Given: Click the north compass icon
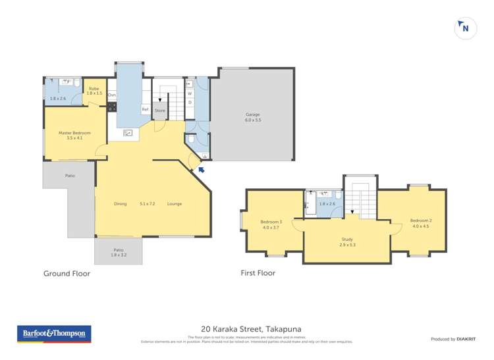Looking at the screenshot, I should [466, 28].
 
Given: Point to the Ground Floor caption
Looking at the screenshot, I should [67, 273].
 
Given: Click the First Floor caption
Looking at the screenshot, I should [258, 273].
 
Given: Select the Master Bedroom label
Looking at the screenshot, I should [74, 133].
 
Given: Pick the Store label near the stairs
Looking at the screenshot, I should [160, 111].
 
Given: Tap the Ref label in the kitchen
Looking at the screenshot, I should [145, 109].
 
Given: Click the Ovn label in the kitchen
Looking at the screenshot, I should [112, 95].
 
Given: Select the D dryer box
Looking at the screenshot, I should [190, 102].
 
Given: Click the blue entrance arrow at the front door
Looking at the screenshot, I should [202, 170].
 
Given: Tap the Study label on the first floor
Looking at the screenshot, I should [346, 240].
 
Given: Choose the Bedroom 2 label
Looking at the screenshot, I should [420, 220].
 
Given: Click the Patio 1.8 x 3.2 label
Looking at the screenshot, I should [119, 250].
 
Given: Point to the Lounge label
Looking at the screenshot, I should [174, 203].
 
